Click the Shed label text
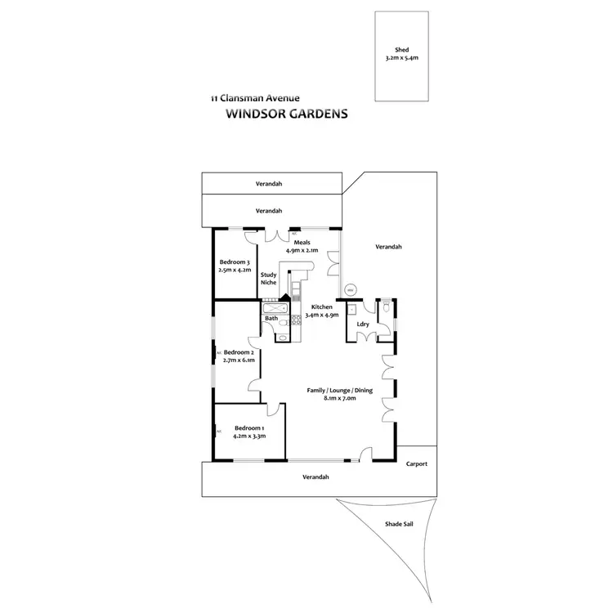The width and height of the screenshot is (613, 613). pos(401,49)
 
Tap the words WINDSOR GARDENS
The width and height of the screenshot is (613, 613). pos(285,114)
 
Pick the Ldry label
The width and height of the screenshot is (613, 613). pos(363,324)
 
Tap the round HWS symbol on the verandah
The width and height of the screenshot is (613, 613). pos(350,289)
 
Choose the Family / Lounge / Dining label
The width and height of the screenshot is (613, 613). pos(339,391)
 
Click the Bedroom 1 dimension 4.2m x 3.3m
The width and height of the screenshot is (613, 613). pos(248,436)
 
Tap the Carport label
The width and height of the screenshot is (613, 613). pos(416,464)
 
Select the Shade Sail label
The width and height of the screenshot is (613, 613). pos(399,525)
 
